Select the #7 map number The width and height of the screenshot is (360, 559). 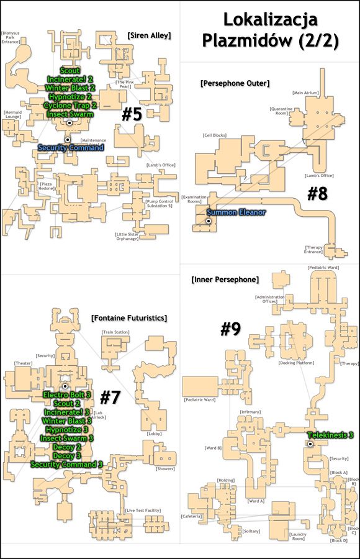coord(110,398)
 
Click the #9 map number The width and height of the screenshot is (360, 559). coord(231,329)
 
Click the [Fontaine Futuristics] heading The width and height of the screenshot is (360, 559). coord(128,317)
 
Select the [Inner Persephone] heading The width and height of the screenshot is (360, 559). coord(225,279)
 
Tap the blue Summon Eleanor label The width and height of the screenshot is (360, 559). coord(236,212)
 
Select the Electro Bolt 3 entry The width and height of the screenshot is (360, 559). coord(66,395)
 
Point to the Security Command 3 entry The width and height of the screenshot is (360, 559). coord(66,465)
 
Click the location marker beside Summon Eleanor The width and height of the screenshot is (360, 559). coord(209,221)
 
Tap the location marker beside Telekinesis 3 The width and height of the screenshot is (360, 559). coord(310,443)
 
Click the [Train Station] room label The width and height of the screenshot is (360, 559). coord(115,332)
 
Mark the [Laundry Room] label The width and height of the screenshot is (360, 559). coord(298,536)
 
